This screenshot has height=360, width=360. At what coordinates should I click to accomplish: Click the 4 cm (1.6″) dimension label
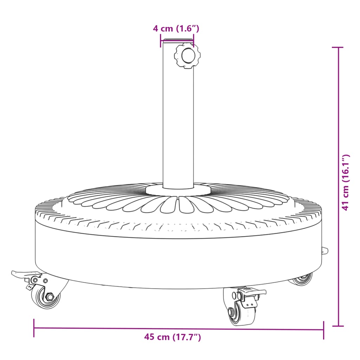point(176,29)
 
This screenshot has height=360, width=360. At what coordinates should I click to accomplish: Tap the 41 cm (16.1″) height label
point(346,182)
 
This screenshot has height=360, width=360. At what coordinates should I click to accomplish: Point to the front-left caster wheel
point(47,297)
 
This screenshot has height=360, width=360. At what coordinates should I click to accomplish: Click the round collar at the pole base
point(178,190)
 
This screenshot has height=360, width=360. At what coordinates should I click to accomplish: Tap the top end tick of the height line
point(338,47)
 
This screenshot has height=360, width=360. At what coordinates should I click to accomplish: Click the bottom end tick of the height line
point(338,326)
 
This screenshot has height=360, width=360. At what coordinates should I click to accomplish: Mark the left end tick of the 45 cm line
point(34,328)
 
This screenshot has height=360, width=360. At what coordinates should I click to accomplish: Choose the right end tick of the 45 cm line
point(323,330)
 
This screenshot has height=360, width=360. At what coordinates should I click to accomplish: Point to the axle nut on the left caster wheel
point(50,297)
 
